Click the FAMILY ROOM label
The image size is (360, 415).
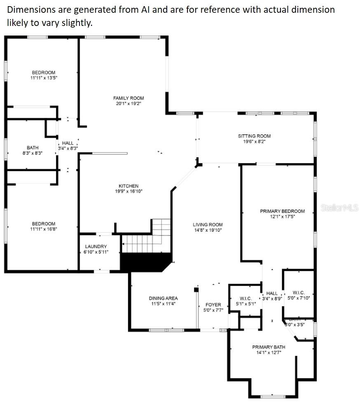click(x=129, y=98)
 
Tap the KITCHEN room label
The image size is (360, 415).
click(x=129, y=186)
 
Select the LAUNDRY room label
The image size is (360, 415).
click(x=96, y=246)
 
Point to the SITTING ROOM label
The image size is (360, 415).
click(x=254, y=136)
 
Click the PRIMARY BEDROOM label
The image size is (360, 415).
click(x=282, y=211)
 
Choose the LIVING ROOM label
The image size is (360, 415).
click(x=208, y=225)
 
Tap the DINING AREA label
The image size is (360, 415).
click(x=163, y=298)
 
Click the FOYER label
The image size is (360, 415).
click(x=213, y=305)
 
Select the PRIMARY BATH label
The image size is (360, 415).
click(x=269, y=347)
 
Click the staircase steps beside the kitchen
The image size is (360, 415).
click(x=146, y=239)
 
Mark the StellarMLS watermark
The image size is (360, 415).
click(x=339, y=208)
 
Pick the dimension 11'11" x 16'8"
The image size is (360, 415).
click(x=44, y=229)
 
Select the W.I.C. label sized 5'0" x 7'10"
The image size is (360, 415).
click(x=298, y=292)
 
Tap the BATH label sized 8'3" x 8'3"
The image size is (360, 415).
click(x=33, y=147)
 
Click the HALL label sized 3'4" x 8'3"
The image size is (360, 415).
click(x=68, y=143)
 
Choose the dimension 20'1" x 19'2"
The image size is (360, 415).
click(x=129, y=104)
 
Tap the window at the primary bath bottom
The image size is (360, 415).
click(x=273, y=396)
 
